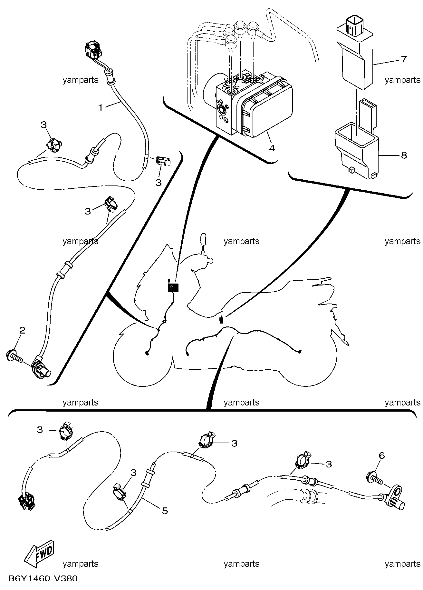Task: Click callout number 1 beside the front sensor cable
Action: pyautogui.click(x=101, y=107)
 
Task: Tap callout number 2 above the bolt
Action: pyautogui.click(x=22, y=330)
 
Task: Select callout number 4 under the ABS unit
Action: pyautogui.click(x=272, y=148)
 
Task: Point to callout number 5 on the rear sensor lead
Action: pyautogui.click(x=165, y=511)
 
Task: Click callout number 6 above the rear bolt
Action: pyautogui.click(x=382, y=455)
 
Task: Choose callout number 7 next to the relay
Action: pyautogui.click(x=404, y=59)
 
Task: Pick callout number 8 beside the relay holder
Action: pyautogui.click(x=404, y=155)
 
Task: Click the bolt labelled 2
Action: pyautogui.click(x=14, y=356)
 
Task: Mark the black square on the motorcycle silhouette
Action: pyautogui.click(x=173, y=287)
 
